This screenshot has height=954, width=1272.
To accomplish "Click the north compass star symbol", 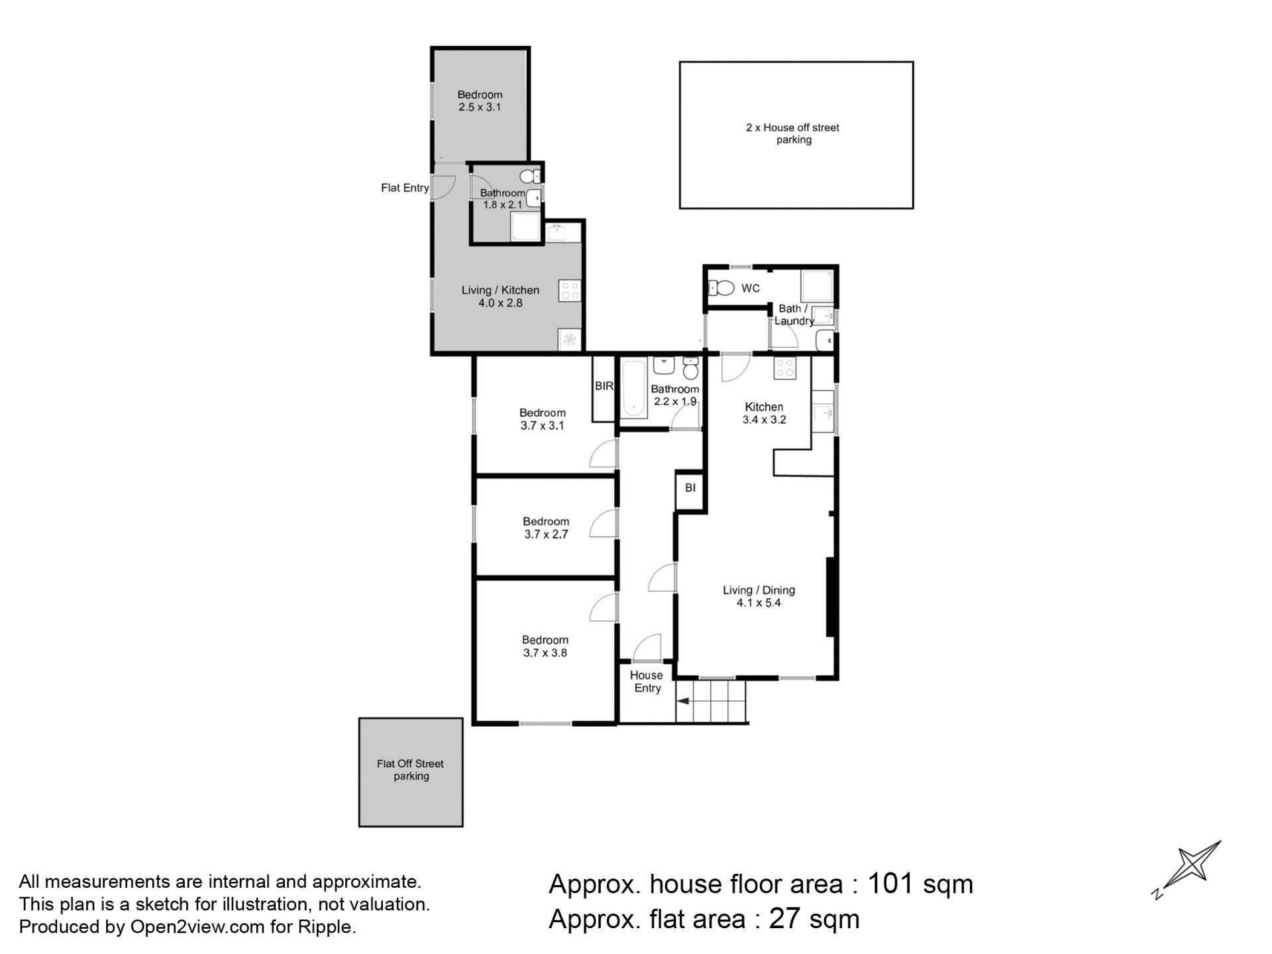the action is point(1191,867).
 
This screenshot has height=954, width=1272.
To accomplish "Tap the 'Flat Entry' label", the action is point(405,188).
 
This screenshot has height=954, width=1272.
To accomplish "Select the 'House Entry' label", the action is point(647,682).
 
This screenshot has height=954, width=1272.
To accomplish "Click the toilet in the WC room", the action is point(721,288).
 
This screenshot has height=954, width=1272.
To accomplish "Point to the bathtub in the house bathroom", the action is point(633,388).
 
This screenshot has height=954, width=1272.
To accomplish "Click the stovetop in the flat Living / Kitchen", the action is point(570,290).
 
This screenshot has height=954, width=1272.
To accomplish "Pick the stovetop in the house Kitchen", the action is point(784,368).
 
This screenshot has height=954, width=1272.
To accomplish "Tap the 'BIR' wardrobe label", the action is point(604,386).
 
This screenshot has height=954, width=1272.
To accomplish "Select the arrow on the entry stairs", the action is point(683,701).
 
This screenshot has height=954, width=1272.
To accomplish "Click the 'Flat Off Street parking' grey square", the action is point(411,772).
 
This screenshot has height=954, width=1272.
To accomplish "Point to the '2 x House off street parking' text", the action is point(793,134).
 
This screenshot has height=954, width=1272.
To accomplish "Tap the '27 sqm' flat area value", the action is point(814,920).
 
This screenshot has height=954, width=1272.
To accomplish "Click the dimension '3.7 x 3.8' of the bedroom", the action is point(545,653).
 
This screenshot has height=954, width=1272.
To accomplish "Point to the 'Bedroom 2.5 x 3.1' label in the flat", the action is point(480,101).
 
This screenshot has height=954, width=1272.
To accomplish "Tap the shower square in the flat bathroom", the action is point(525,227).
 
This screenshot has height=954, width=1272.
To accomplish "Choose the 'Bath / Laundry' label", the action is point(794,315).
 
